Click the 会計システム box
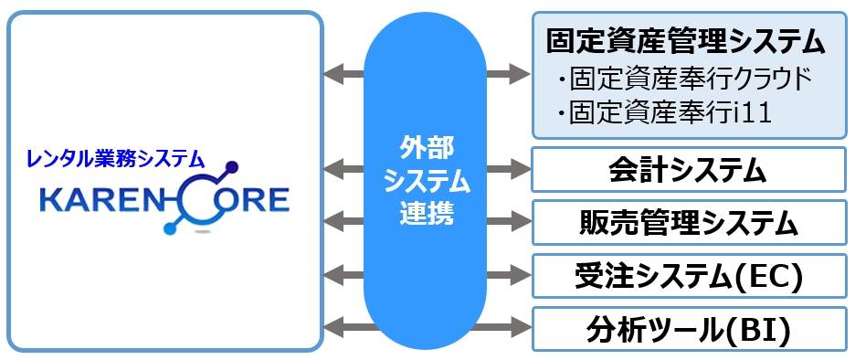point(688,170)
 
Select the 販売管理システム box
point(688,222)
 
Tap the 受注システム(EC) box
point(688,275)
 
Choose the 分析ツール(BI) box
point(688,327)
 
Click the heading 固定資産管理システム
point(686,41)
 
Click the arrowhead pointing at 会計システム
point(521,169)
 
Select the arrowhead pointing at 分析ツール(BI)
point(521,325)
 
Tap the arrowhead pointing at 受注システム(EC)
point(521,273)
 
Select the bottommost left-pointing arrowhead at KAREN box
point(333,325)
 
